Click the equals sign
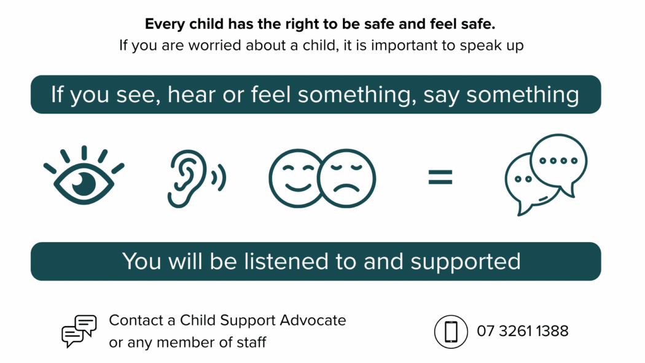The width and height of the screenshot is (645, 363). tap(440, 177)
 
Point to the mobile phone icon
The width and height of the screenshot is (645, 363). tap(451, 332)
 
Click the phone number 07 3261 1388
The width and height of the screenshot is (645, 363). tap(522, 331)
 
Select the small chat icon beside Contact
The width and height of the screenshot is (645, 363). tap(79, 331)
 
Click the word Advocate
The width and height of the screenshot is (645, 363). tap(313, 320)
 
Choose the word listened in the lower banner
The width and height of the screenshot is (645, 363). tap(286, 262)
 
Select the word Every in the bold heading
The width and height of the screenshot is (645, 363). tap(165, 25)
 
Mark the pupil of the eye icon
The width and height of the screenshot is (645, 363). tap(84, 183)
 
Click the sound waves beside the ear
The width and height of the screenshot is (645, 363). tap(219, 178)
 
